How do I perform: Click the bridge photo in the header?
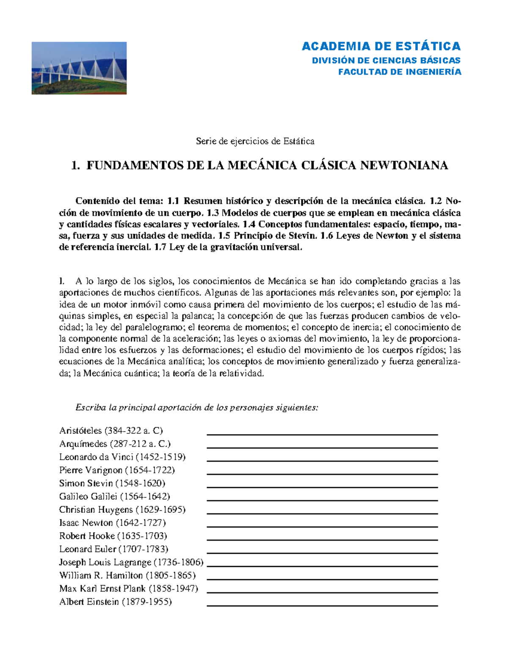pos(79,68)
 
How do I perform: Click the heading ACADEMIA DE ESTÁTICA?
pos(381,46)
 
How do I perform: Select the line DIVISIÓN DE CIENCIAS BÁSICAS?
pos(386,60)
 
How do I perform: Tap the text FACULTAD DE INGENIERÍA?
pos(399,72)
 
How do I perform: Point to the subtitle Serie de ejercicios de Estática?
pos(255,141)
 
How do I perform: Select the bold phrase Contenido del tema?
pos(119,201)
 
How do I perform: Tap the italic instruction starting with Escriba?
pos(196,408)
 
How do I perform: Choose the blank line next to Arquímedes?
pos(322,447)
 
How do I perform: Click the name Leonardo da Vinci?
pos(96,457)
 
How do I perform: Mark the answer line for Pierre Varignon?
pos(322,474)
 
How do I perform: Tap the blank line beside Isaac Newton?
pos(322,526)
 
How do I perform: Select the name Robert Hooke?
pos(87,536)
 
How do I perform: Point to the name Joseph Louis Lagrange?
pos(105,562)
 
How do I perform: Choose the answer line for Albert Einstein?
pos(322,605)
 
